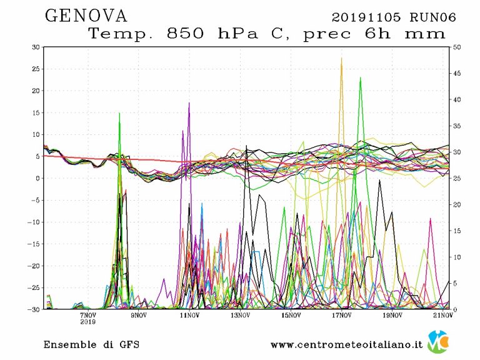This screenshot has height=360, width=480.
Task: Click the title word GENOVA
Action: pyautogui.click(x=86, y=15)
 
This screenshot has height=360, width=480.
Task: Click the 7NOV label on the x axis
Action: pyautogui.click(x=88, y=315)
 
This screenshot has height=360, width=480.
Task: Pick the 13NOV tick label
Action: pyautogui.click(x=239, y=315)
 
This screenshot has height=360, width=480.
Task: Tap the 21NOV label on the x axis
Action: pyautogui.click(x=442, y=315)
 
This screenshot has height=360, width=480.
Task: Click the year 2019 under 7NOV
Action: pyautogui.click(x=88, y=322)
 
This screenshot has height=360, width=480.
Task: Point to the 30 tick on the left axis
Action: pyautogui.click(x=36, y=47)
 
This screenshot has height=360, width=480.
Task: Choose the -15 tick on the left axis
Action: pyautogui.click(x=34, y=244)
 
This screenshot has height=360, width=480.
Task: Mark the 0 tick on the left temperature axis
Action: pyautogui.click(x=38, y=178)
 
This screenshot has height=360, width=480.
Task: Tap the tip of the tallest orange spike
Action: pyautogui.click(x=341, y=58)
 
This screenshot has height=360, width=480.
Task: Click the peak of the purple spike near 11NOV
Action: pyautogui.click(x=189, y=103)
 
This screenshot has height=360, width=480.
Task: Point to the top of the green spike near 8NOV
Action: pyautogui.click(x=119, y=114)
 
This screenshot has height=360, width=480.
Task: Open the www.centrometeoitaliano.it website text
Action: pyautogui.click(x=347, y=344)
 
